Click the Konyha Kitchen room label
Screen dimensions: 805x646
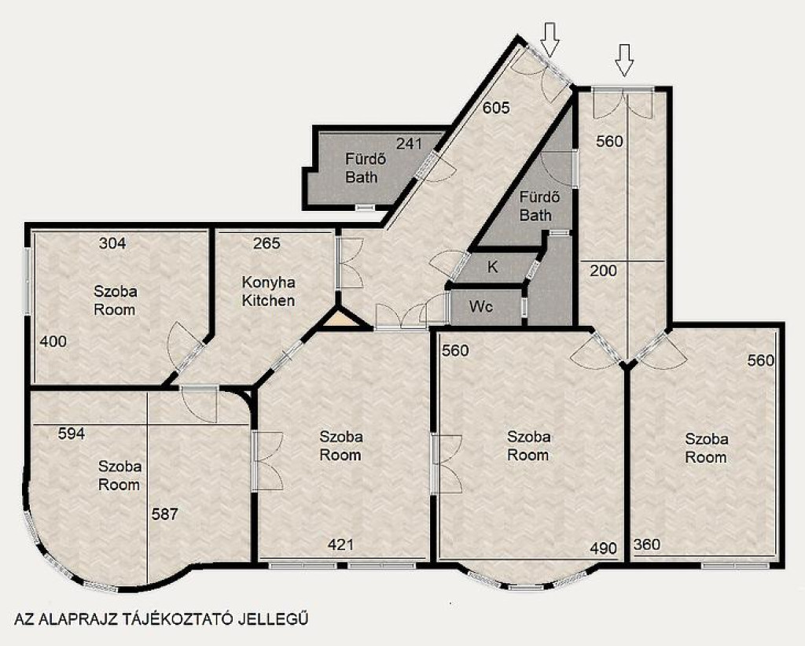coord(269,291)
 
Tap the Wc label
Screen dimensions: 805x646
coord(481,307)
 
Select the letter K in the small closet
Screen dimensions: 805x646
coord(492,268)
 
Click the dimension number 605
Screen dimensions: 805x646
coord(497,108)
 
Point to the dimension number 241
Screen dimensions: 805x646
coord(409,143)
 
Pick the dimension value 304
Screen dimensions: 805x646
coord(112,243)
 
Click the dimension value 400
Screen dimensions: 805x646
coord(53,341)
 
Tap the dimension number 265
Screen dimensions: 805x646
coord(267,243)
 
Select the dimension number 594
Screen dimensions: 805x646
coord(72,434)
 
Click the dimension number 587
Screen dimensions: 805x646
coord(164,514)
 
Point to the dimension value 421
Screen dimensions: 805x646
coord(340,544)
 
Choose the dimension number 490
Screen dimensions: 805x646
coord(603,548)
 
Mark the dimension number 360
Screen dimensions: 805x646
coord(647,544)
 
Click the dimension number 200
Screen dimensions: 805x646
coord(603,271)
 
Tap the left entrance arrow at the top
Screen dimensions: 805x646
coord(550,39)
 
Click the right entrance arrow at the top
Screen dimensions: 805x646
coord(624,61)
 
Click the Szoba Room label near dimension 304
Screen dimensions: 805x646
coord(115,301)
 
